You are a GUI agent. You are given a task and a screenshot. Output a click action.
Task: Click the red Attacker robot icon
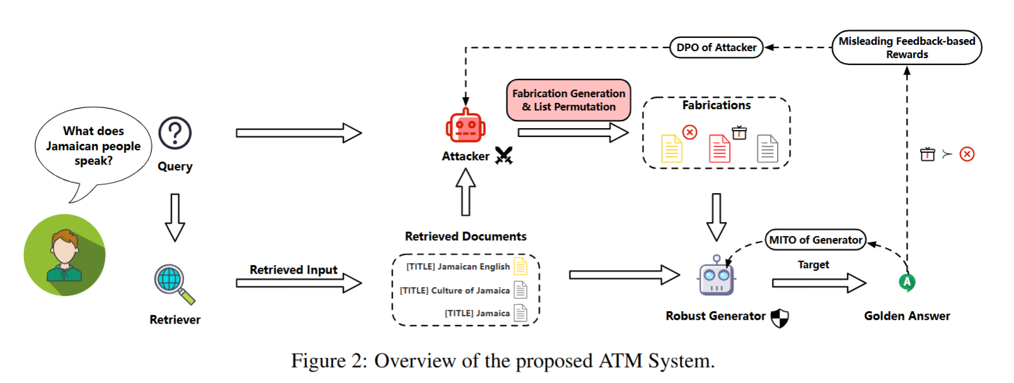tap(466, 126)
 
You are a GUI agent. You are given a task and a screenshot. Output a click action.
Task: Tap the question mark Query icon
tap(175, 133)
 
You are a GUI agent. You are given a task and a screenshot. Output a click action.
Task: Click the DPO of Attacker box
tap(716, 47)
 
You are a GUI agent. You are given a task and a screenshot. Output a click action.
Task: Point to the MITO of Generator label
tap(815, 240)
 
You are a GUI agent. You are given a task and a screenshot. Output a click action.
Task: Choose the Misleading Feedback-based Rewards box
tap(906, 47)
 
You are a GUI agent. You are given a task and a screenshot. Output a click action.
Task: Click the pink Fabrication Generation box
tap(568, 100)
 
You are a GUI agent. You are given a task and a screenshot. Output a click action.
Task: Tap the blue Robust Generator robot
tap(717, 277)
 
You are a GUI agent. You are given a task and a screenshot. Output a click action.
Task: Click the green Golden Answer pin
tap(907, 282)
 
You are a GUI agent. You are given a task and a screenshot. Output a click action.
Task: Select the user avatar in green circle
tap(64, 255)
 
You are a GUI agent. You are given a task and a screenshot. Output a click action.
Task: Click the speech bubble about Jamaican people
tap(93, 146)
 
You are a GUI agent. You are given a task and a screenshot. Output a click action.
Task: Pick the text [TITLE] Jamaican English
tap(458, 267)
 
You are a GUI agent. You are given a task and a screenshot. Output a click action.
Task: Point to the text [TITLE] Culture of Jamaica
tap(455, 290)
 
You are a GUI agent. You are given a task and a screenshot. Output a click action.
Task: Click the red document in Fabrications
tap(720, 149)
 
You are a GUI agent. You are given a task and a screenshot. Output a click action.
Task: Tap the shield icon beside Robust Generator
tap(780, 318)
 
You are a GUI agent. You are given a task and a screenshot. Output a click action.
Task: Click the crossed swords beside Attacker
tap(504, 155)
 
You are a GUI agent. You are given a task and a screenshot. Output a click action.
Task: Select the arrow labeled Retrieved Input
tap(299, 283)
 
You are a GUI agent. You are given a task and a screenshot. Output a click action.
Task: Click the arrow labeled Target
tap(819, 283)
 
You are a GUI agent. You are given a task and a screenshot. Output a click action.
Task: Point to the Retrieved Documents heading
tap(466, 237)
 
